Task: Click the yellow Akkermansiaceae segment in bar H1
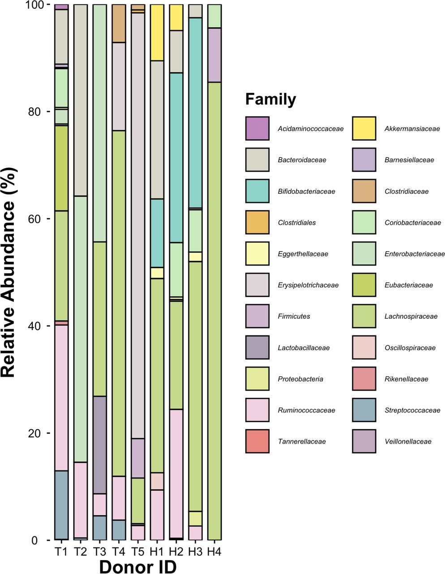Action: (157, 32)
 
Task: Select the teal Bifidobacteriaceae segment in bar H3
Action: (195, 113)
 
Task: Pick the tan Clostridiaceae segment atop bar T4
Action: (119, 23)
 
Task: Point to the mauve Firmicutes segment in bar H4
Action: (214, 55)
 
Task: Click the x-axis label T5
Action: (138, 552)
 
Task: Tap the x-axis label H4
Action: (214, 552)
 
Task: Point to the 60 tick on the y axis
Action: (48, 219)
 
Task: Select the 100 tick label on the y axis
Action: (34, 5)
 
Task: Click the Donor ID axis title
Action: (138, 565)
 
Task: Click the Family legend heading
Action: (271, 99)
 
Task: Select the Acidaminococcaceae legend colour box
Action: (257, 128)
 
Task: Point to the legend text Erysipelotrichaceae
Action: (308, 285)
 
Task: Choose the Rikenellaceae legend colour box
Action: (364, 379)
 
